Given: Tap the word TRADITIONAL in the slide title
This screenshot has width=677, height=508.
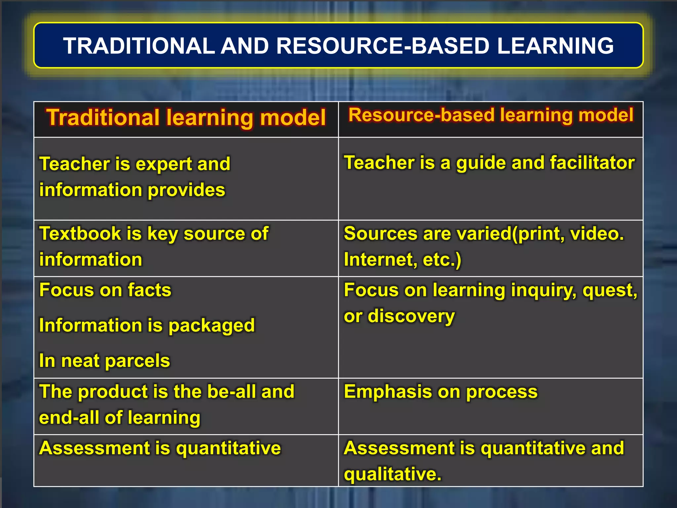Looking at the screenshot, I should coord(139,46).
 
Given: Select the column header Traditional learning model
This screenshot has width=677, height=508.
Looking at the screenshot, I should coord(186,117).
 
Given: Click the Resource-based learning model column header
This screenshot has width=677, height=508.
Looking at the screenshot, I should coord(491,115).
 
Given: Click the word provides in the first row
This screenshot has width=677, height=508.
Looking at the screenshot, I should coord(186,190).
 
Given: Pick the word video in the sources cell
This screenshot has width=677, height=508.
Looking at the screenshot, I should coord(595,233).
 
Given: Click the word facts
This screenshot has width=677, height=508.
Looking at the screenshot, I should coord(149,290).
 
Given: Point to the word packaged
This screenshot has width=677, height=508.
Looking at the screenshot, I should coord(212,326).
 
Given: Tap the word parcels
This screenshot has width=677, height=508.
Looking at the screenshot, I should coord(137,360).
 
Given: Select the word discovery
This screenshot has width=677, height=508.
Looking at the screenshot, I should coord(411,317).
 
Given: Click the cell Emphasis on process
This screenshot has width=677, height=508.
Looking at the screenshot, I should coord(441,392).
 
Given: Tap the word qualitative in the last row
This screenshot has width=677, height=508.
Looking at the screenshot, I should coord(392,474).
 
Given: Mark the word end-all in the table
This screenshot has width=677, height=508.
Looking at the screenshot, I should coord(69,418).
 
